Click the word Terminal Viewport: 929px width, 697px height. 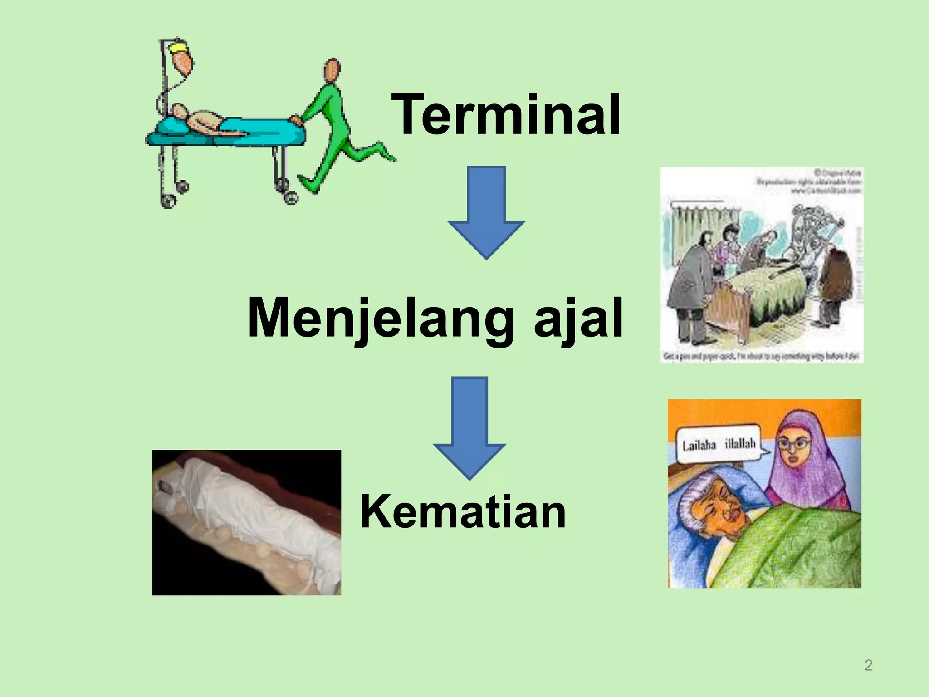pyautogui.click(x=506, y=114)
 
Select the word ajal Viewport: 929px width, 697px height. pyautogui.click(x=578, y=319)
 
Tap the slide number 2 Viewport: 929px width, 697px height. pyautogui.click(x=868, y=665)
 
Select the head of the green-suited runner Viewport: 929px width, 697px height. pyautogui.click(x=332, y=70)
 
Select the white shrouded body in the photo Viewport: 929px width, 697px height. pyautogui.click(x=254, y=508)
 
